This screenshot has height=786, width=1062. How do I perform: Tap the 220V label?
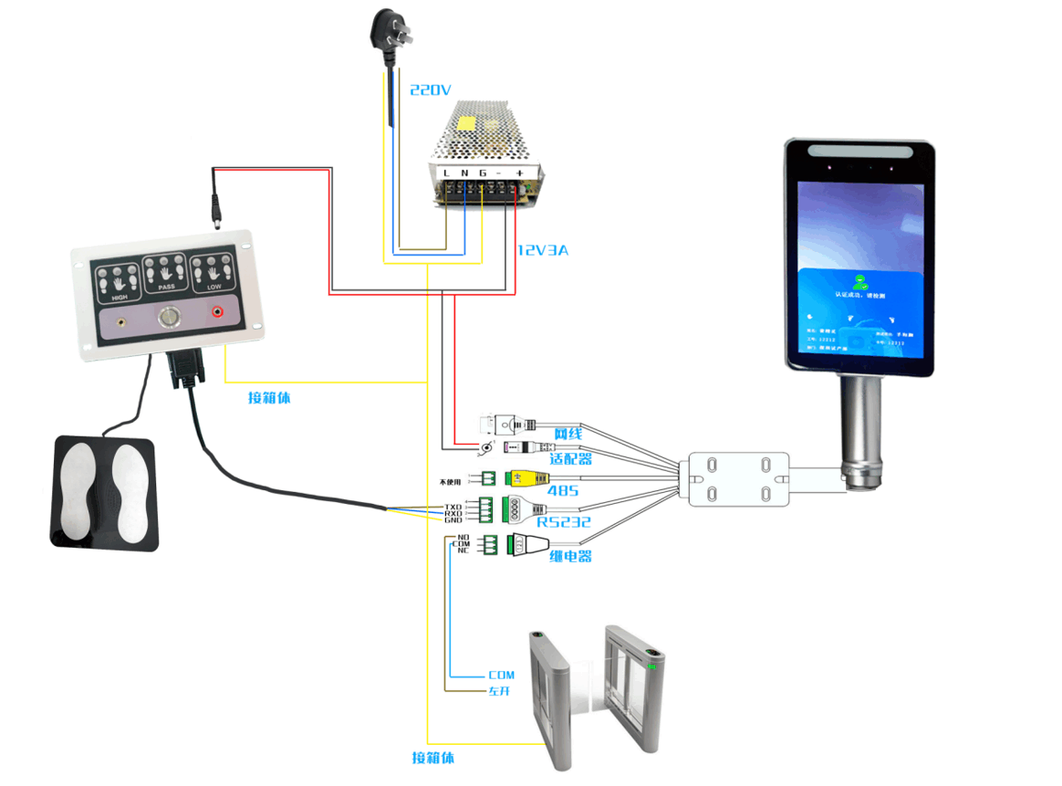pyautogui.click(x=431, y=90)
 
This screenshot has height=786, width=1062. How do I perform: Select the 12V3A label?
pyautogui.click(x=542, y=250)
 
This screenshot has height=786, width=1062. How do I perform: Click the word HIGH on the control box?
pyautogui.click(x=120, y=298)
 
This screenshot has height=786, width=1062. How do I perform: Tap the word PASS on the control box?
pyautogui.click(x=166, y=287)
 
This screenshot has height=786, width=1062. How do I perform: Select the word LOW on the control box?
pyautogui.click(x=213, y=287)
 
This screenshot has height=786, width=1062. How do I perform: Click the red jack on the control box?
pyautogui.click(x=218, y=312)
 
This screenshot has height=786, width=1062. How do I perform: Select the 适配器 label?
pyautogui.click(x=570, y=458)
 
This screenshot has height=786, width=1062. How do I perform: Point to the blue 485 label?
pyautogui.click(x=559, y=491)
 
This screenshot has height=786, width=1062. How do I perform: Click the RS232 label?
pyautogui.click(x=563, y=522)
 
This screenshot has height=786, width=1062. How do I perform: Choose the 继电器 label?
pyautogui.click(x=570, y=555)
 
